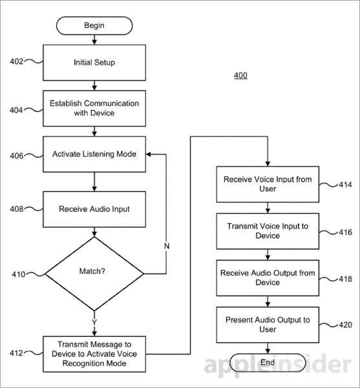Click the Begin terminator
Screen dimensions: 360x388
94,25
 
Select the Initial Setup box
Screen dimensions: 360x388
94,63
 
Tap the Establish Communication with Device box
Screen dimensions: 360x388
94,109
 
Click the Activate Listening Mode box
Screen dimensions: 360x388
94,154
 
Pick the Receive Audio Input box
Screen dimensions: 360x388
94,209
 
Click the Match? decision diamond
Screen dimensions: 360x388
94,274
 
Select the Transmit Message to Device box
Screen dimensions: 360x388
94,354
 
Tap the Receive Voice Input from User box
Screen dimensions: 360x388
268,184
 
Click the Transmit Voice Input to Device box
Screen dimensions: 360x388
268,231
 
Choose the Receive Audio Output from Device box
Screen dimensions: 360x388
268,278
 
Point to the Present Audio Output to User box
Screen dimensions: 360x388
268,325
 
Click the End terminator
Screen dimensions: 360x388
268,363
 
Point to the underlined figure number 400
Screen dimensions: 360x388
240,75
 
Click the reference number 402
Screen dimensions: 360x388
17,61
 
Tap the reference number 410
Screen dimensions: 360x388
19,274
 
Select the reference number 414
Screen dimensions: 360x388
345,184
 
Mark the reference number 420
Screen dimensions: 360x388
345,325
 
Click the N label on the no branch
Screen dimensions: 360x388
167,246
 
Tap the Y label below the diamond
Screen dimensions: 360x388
94,322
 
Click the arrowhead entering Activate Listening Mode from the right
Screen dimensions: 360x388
149,154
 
